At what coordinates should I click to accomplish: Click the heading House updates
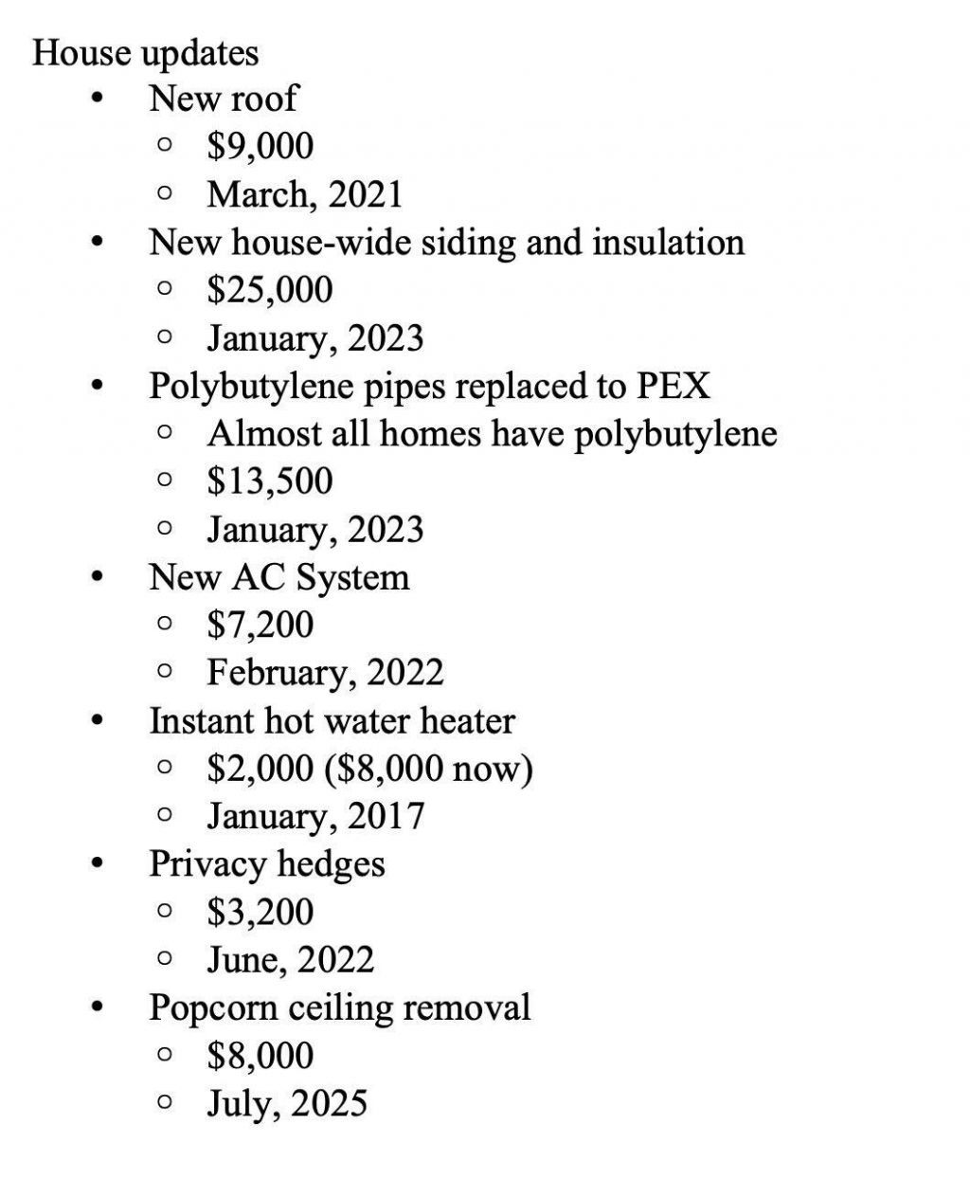[145, 52]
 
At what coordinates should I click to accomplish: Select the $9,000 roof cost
[260, 146]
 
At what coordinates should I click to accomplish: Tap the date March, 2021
[304, 194]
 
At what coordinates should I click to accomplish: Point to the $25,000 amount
[269, 290]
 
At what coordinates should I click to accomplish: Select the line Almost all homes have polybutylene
[492, 434]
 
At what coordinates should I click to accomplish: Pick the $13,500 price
[269, 481]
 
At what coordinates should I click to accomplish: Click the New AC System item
[278, 577]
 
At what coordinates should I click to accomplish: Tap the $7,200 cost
[260, 625]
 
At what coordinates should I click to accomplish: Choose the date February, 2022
[325, 673]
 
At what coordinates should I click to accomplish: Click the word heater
[467, 721]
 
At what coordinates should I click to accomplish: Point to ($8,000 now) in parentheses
[428, 769]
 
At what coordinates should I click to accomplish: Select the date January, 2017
[315, 816]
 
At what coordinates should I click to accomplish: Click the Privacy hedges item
[266, 864]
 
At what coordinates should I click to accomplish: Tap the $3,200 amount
[260, 912]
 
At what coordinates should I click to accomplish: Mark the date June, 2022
[290, 960]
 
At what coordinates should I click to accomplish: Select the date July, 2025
[286, 1103]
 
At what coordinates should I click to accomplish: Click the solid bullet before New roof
[96, 99]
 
